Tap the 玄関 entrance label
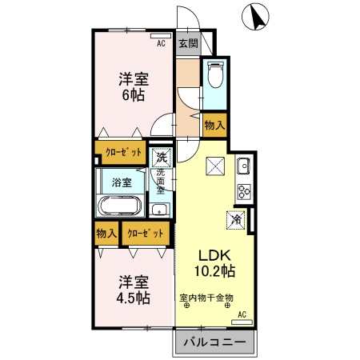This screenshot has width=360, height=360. (x=187, y=43)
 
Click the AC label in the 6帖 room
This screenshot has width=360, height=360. (x=161, y=43)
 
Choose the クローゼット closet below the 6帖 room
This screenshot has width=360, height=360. (x=119, y=152)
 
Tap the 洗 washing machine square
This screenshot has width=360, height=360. (x=161, y=157)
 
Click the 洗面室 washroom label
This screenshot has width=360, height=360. (x=161, y=182)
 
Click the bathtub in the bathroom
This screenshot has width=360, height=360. (x=119, y=206)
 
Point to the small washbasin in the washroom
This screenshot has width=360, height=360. (x=160, y=210)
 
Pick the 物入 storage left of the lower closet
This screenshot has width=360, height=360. (x=105, y=234)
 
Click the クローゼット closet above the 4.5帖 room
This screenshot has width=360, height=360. (x=146, y=234)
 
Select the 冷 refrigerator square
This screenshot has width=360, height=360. (x=237, y=217)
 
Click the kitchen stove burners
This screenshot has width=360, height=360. (x=243, y=191)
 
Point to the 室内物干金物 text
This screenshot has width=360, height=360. (x=206, y=297)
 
